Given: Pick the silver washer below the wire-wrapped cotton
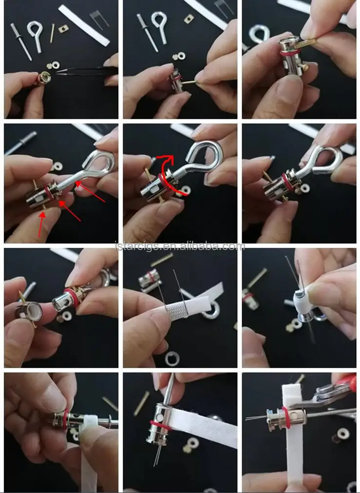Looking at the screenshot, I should [x=172, y=360].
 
